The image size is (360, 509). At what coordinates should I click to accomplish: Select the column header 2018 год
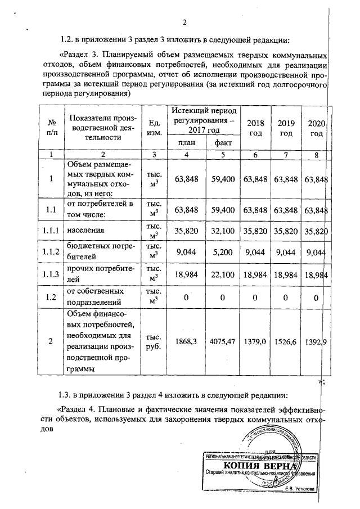[256, 128]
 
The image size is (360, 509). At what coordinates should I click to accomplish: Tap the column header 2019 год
[287, 128]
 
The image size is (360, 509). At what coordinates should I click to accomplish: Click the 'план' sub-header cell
[187, 143]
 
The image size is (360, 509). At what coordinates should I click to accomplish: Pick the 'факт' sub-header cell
[223, 143]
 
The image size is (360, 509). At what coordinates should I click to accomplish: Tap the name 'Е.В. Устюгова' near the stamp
[304, 488]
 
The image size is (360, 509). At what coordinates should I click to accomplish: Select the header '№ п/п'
[51, 128]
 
